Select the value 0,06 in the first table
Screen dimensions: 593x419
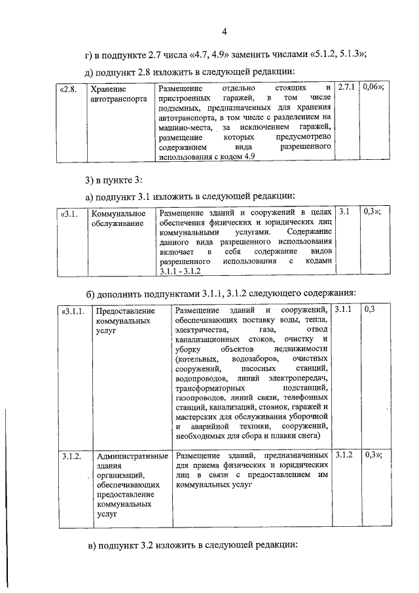(372, 87)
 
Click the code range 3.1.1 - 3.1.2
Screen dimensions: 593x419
(179, 271)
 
